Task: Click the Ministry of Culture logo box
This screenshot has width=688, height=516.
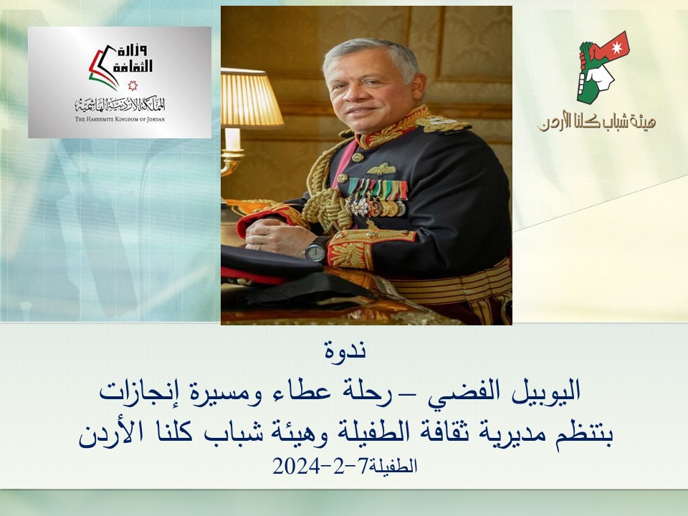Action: (x=119, y=82)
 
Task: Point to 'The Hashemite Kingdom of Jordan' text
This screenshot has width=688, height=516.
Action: (x=120, y=119)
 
